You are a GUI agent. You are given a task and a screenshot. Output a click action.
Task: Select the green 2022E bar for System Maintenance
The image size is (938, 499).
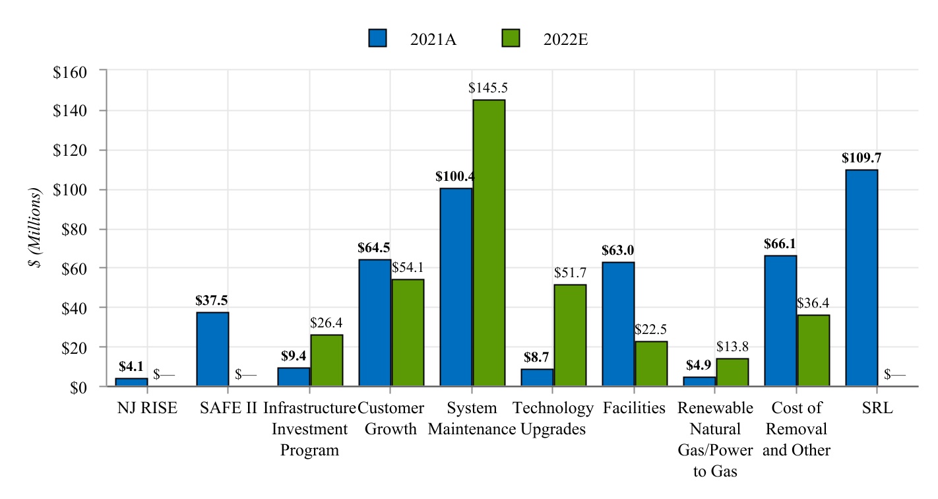tap(489, 243)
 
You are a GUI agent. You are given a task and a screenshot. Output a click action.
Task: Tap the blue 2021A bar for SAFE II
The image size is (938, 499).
tap(212, 349)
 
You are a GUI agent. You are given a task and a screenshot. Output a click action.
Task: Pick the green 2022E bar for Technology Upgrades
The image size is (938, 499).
tap(570, 335)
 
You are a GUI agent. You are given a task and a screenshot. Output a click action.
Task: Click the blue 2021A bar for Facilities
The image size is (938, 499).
tap(618, 324)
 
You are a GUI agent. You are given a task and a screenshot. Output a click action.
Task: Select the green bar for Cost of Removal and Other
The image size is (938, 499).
tap(813, 350)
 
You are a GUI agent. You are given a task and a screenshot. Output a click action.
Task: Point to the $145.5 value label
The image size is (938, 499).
tap(488, 88)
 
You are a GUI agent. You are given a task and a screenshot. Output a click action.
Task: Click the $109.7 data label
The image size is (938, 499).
tap(861, 158)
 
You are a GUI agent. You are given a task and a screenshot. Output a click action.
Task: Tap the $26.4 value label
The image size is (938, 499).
tap(327, 323)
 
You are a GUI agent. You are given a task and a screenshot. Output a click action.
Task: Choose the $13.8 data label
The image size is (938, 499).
tap(732, 347)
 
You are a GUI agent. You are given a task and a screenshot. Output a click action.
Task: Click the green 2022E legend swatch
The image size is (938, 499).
tap(510, 38)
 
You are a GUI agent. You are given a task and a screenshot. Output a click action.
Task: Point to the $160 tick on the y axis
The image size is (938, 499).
tap(70, 71)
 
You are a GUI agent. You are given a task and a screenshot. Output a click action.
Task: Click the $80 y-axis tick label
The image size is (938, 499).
tap(73, 229)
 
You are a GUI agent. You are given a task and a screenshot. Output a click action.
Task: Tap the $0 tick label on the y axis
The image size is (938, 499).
tap(78, 387)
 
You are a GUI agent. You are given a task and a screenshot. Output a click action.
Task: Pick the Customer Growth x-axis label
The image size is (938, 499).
tap(391, 418)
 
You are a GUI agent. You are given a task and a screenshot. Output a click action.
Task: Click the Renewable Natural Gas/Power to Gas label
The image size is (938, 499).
tap(716, 440)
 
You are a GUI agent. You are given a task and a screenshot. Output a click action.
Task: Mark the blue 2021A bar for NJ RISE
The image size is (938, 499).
tap(131, 382)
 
